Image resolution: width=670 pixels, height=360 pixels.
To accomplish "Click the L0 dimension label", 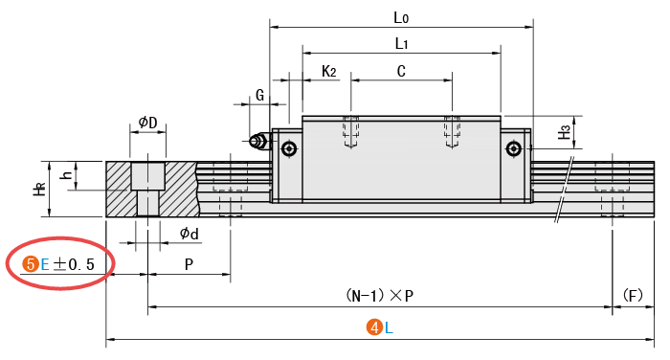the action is tap(401, 17).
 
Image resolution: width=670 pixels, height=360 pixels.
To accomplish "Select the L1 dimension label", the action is tap(401, 43).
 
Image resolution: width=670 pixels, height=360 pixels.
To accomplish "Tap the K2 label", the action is tap(328, 71).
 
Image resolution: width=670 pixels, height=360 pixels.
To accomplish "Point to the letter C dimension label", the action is tap(401, 71).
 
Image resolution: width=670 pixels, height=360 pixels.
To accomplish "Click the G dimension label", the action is tap(259, 95).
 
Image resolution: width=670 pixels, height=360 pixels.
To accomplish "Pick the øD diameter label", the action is tap(147, 123).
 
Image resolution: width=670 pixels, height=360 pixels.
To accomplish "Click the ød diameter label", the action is tap(189, 234).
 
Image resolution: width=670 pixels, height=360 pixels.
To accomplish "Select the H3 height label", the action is tap(565, 132).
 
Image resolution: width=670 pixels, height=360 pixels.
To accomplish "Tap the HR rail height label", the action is tap(40, 189).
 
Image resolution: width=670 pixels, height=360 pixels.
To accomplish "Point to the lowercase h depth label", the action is tap(67, 175).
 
